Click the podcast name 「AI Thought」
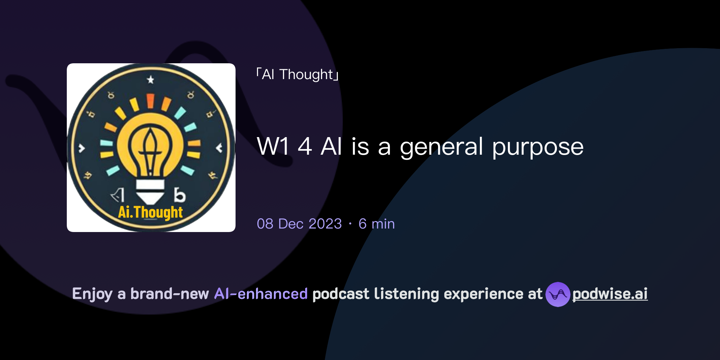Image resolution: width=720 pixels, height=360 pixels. [x=297, y=75]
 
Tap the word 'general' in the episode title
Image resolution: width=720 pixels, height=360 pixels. [x=442, y=147]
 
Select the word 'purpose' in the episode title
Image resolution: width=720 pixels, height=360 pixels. [x=538, y=147]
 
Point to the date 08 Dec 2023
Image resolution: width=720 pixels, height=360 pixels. [x=299, y=224]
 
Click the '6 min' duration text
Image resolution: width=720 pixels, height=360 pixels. [x=377, y=224]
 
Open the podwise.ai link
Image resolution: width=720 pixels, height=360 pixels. [x=610, y=294]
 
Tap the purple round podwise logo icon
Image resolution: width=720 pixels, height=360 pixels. [x=558, y=294]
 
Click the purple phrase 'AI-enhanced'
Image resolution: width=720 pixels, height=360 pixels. [x=261, y=294]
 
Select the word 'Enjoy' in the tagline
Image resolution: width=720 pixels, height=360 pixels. [x=92, y=294]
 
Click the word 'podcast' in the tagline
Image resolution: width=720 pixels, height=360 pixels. [x=341, y=294]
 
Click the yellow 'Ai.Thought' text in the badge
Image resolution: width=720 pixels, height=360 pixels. [x=150, y=212]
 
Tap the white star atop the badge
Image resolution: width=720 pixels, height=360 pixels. [x=150, y=80]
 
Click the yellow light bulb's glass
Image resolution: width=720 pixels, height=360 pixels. [x=150, y=144]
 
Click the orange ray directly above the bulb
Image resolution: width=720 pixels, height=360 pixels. [x=150, y=101]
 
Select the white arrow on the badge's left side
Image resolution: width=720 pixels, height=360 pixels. [x=82, y=148]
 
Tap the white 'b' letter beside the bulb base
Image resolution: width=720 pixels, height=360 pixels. [x=179, y=195]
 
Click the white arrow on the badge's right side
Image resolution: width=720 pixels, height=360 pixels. [x=219, y=148]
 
